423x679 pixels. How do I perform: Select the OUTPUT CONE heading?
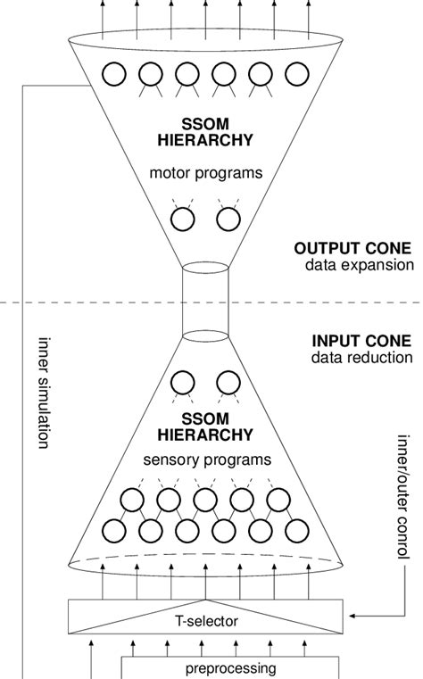click(x=341, y=249)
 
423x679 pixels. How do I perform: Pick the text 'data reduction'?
click(x=361, y=358)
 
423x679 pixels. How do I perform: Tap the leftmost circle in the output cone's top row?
click(x=113, y=72)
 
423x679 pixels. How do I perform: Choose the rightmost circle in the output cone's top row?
click(x=296, y=72)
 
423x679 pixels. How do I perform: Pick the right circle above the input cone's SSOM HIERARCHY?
click(x=228, y=382)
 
